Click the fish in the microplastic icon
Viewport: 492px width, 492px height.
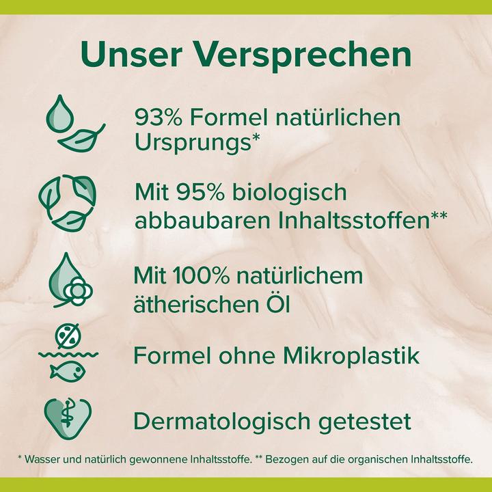coord(68,371)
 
